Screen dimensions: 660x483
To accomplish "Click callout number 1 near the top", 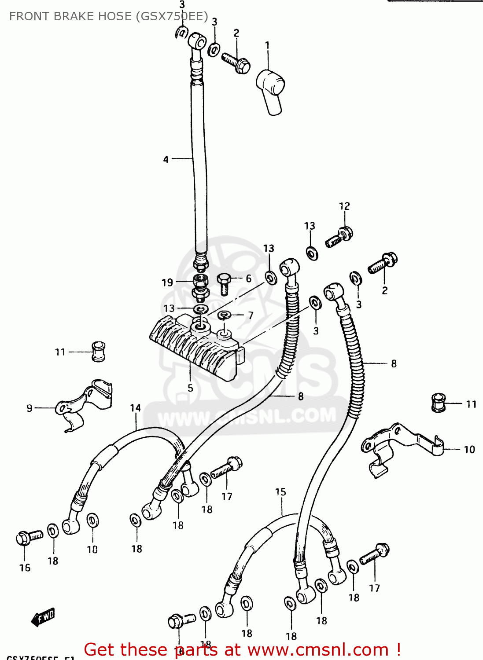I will tap(267, 45).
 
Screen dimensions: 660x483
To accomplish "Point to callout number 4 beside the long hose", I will tap(166, 159).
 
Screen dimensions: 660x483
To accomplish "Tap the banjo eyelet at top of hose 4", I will tap(197, 42).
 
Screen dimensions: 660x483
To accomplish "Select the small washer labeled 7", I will tap(225, 315).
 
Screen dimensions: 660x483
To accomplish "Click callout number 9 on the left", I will tap(29, 408).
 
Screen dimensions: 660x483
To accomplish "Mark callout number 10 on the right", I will tap(469, 449).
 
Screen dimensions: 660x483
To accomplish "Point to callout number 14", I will tap(135, 408).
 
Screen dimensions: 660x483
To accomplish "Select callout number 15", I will tap(280, 491).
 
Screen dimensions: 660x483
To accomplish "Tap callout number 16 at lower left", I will tap(25, 568).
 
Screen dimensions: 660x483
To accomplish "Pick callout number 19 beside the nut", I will tap(167, 282).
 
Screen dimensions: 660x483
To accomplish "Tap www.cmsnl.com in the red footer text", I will tap(317, 650).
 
